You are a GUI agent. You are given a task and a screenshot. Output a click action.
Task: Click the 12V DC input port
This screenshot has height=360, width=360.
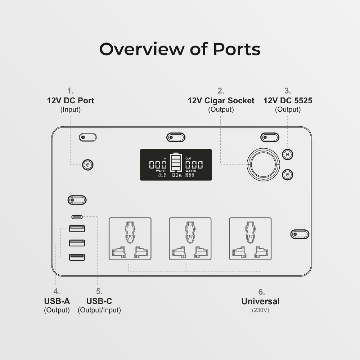[87, 165]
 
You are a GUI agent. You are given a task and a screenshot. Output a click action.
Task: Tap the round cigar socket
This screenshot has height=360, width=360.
[263, 165]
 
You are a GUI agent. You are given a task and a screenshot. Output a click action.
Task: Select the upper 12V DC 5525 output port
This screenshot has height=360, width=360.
[287, 154]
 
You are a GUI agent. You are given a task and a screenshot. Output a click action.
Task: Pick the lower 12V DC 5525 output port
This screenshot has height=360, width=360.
[287, 175]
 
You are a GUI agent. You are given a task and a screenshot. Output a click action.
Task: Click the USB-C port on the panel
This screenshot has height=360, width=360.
[77, 217]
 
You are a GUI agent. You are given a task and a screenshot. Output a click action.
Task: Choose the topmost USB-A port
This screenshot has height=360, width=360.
[77, 228]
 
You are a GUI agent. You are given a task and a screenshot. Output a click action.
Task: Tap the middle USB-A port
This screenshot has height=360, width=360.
[77, 243]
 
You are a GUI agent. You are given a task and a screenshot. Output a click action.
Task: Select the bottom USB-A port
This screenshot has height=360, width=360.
[77, 257]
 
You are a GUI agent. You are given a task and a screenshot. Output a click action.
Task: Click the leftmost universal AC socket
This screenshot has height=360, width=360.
[130, 238]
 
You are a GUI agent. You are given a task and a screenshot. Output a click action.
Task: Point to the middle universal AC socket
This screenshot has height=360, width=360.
[190, 238]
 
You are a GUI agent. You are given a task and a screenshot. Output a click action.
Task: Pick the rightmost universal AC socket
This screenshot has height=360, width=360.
[250, 238]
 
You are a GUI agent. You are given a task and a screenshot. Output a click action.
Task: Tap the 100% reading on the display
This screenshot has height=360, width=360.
[176, 175]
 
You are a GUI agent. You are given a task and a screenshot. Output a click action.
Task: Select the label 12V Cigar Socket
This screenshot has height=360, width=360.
[221, 100]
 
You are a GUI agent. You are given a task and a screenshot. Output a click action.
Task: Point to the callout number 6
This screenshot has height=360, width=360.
[261, 292]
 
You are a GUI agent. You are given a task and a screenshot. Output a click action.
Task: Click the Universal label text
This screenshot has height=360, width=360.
[260, 301]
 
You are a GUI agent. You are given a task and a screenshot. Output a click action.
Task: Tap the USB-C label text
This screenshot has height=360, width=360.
[99, 301]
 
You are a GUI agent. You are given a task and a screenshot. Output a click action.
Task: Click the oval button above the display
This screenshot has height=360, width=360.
[176, 137]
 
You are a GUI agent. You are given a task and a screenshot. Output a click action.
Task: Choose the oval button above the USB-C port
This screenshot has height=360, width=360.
[77, 200]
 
